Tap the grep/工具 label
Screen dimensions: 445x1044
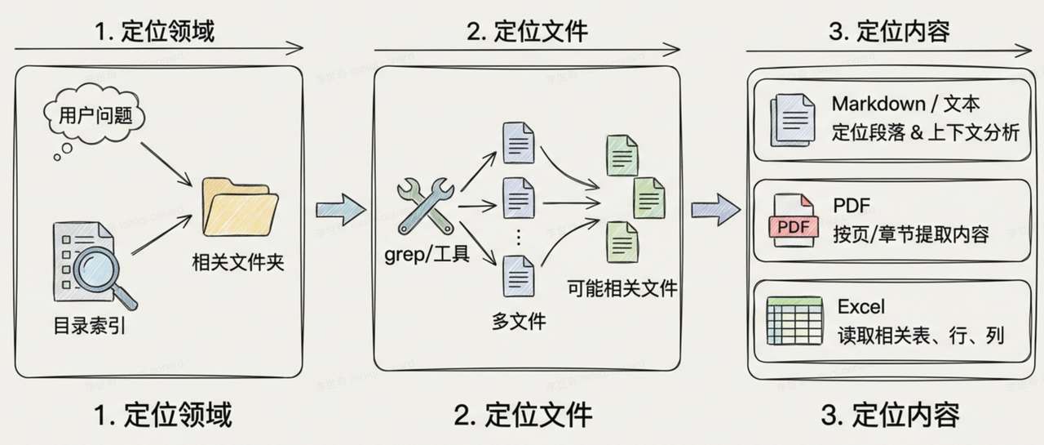point(427,255)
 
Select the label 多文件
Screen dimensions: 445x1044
point(519,321)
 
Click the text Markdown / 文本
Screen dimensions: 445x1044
point(905,105)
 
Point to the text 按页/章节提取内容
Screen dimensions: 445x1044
point(910,234)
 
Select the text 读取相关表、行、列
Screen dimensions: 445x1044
point(920,335)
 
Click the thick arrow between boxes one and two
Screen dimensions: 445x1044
point(340,210)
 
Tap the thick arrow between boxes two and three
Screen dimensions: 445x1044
point(715,210)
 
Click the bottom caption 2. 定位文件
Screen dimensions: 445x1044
point(523,415)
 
